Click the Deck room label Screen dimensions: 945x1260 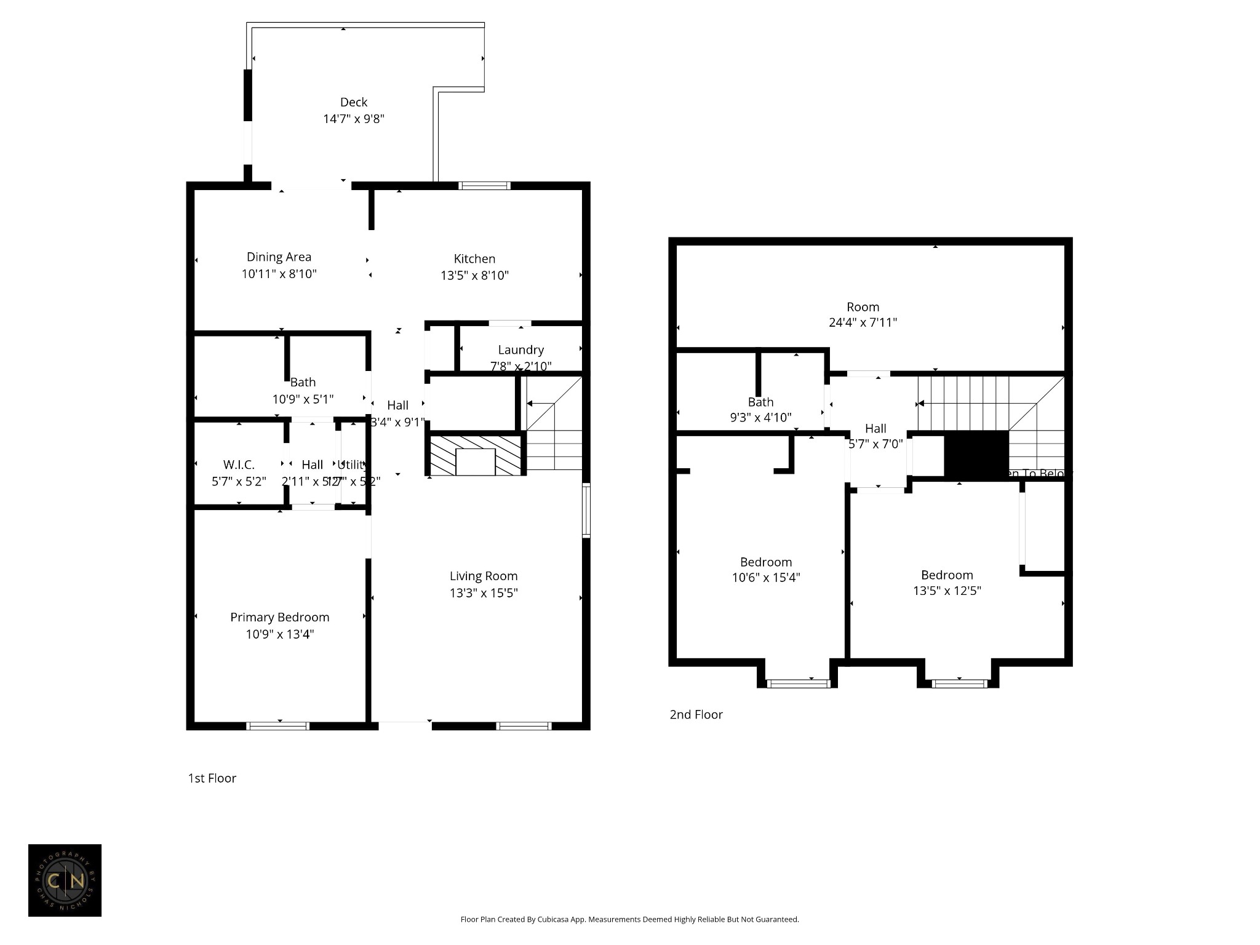pyautogui.click(x=354, y=102)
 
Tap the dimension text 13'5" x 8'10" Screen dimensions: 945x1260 pyautogui.click(x=474, y=276)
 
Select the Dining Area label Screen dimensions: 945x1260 pyautogui.click(x=279, y=257)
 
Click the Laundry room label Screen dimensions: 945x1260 pyautogui.click(x=520, y=350)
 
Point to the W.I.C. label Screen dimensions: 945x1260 pyautogui.click(x=239, y=465)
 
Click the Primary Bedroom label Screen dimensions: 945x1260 pyautogui.click(x=279, y=617)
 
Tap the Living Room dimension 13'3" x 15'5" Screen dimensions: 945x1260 pyautogui.click(x=483, y=593)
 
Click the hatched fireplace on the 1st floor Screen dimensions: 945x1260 pyautogui.click(x=475, y=456)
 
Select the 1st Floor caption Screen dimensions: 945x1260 pyautogui.click(x=212, y=778)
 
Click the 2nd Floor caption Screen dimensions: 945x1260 pyautogui.click(x=696, y=714)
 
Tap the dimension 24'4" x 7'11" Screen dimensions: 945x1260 pyautogui.click(x=863, y=322)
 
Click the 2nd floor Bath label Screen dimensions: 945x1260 pyautogui.click(x=760, y=402)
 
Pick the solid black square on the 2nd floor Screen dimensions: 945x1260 pyautogui.click(x=976, y=455)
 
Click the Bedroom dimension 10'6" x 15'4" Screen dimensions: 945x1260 pyautogui.click(x=765, y=578)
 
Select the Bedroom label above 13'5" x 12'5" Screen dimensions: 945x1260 pyautogui.click(x=947, y=575)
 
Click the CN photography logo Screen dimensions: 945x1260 pyautogui.click(x=65, y=880)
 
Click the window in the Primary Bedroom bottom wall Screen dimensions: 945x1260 pyautogui.click(x=277, y=726)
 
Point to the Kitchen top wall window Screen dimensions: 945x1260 pyautogui.click(x=484, y=185)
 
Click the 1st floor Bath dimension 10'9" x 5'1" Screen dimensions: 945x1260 pyautogui.click(x=303, y=399)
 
